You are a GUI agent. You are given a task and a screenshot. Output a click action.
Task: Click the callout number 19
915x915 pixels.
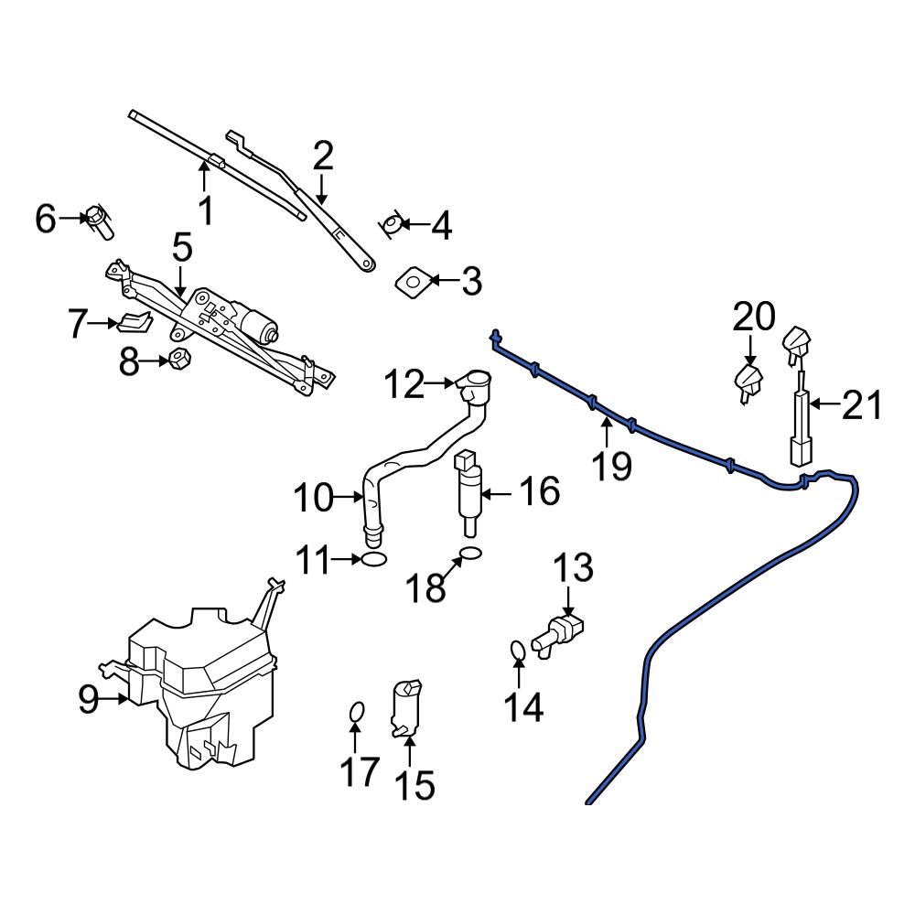click(611, 466)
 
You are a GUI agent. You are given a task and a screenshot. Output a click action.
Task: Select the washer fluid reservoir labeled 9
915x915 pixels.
click(201, 686)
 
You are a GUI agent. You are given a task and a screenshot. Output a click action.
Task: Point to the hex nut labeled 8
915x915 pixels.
click(178, 360)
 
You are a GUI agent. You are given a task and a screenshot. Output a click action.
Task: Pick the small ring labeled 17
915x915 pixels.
click(358, 712)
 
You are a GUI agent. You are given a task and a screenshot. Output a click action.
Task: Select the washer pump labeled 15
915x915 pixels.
click(405, 709)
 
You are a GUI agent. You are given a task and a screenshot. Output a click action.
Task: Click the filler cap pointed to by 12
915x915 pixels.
click(474, 384)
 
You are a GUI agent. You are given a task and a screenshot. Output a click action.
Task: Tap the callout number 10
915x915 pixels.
click(314, 499)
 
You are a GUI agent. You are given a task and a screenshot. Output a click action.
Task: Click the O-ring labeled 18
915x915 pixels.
click(468, 553)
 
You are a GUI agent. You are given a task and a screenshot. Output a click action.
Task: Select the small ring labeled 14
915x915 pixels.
click(518, 651)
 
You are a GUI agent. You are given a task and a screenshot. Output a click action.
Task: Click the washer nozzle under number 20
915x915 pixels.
click(749, 383)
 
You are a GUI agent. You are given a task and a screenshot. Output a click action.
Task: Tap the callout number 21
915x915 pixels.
click(861, 404)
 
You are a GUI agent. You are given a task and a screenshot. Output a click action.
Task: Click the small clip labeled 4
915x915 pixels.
click(391, 223)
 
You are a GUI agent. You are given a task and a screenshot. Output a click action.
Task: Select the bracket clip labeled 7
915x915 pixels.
click(135, 322)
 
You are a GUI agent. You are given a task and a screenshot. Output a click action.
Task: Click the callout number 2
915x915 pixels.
click(322, 156)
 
